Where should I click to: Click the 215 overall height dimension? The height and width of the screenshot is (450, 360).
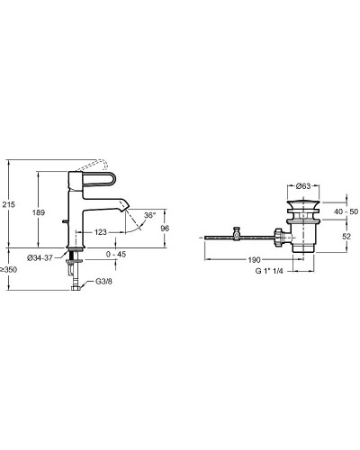pos(8,204)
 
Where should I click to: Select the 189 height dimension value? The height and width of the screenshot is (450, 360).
pos(39,212)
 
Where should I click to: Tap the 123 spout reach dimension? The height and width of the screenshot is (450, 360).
pos(100,232)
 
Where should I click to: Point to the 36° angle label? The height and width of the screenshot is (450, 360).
pos(149,215)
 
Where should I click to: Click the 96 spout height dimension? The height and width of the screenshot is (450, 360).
pos(165,229)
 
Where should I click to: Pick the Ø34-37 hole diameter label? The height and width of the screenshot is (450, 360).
pos(40,257)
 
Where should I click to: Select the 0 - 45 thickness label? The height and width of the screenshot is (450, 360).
pos(116,254)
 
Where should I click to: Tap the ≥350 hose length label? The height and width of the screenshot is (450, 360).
pos(8,270)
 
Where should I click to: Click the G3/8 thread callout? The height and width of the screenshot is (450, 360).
pos(103,282)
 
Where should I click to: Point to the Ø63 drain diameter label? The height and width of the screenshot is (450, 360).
pos(303,186)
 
